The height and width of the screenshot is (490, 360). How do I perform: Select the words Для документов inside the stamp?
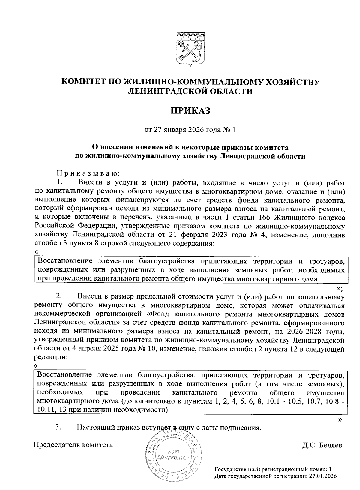point(175,455)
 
